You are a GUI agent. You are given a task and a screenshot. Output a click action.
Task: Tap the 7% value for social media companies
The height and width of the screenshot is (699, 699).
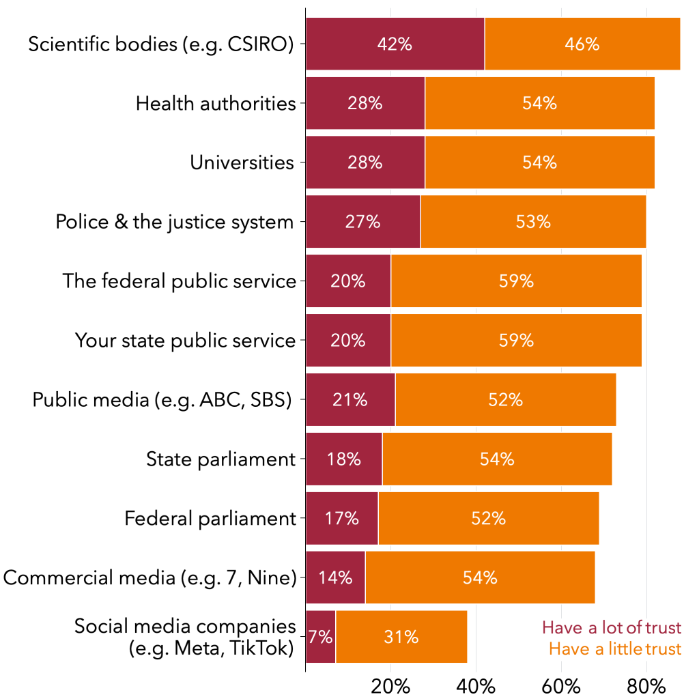click(320, 637)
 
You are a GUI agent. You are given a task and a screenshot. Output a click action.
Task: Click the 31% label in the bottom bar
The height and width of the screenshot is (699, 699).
click(401, 637)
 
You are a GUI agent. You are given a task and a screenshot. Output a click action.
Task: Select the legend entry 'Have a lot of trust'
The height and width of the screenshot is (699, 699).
click(611, 627)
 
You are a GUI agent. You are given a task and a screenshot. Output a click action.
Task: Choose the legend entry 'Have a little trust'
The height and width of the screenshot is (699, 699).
click(614, 648)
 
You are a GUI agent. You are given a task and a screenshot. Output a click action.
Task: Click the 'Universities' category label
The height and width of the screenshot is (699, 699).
click(242, 162)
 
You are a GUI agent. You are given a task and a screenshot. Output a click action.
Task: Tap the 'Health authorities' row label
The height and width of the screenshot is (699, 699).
click(216, 104)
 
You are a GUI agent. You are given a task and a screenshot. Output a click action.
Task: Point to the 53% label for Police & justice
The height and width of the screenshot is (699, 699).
click(533, 222)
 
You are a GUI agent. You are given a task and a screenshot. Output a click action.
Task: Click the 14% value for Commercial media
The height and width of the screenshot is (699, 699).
click(335, 577)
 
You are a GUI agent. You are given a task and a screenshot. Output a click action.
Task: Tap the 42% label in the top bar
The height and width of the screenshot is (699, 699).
click(395, 44)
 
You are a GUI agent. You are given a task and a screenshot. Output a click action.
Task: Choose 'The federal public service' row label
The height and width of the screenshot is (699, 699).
click(180, 281)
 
